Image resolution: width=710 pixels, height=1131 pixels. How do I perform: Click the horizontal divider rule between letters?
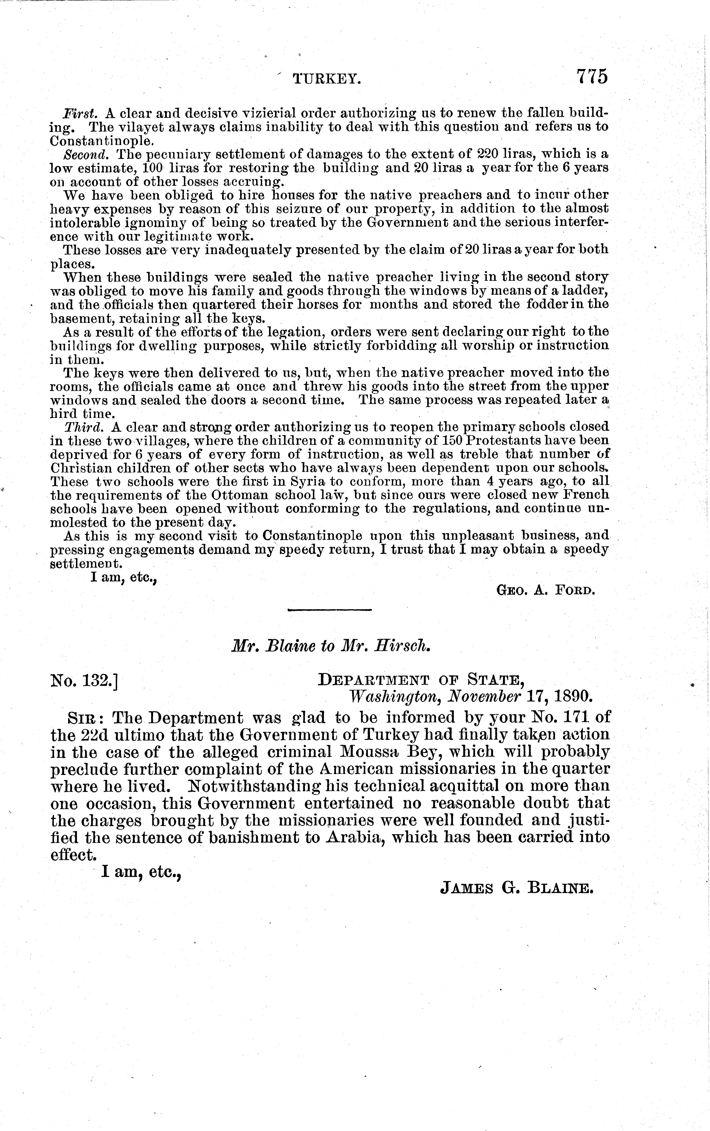329,610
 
